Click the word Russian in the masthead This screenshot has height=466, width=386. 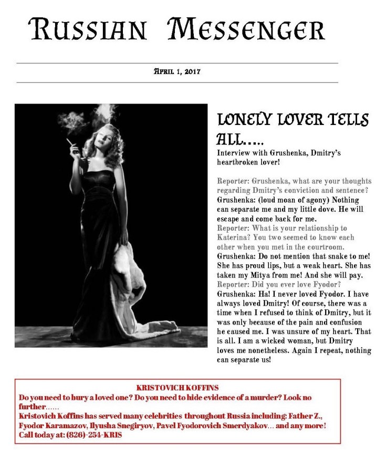click(88, 30)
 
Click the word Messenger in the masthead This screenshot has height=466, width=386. click(246, 30)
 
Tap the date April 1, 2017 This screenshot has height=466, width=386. click(177, 71)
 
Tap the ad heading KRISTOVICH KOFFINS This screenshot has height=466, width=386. click(178, 387)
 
